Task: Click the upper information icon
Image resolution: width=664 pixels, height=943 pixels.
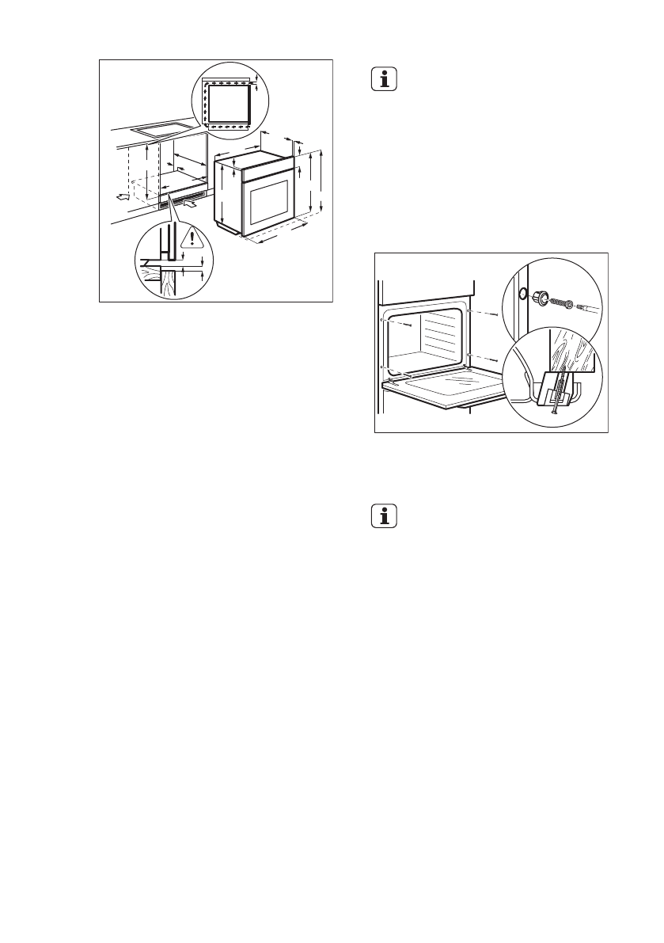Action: tap(384, 80)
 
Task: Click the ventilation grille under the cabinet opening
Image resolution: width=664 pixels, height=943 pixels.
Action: tap(186, 199)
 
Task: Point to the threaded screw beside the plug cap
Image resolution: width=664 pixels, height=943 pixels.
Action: tap(560, 302)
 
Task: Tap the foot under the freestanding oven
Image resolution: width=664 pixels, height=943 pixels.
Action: tap(239, 234)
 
